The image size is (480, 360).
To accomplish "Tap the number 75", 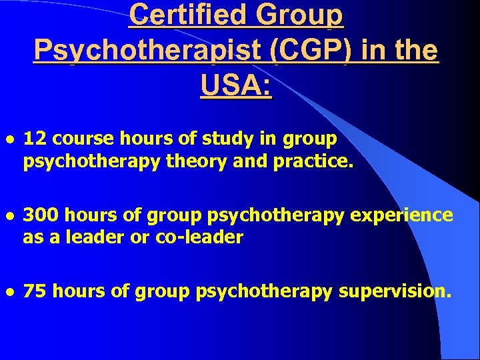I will click(34, 292).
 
